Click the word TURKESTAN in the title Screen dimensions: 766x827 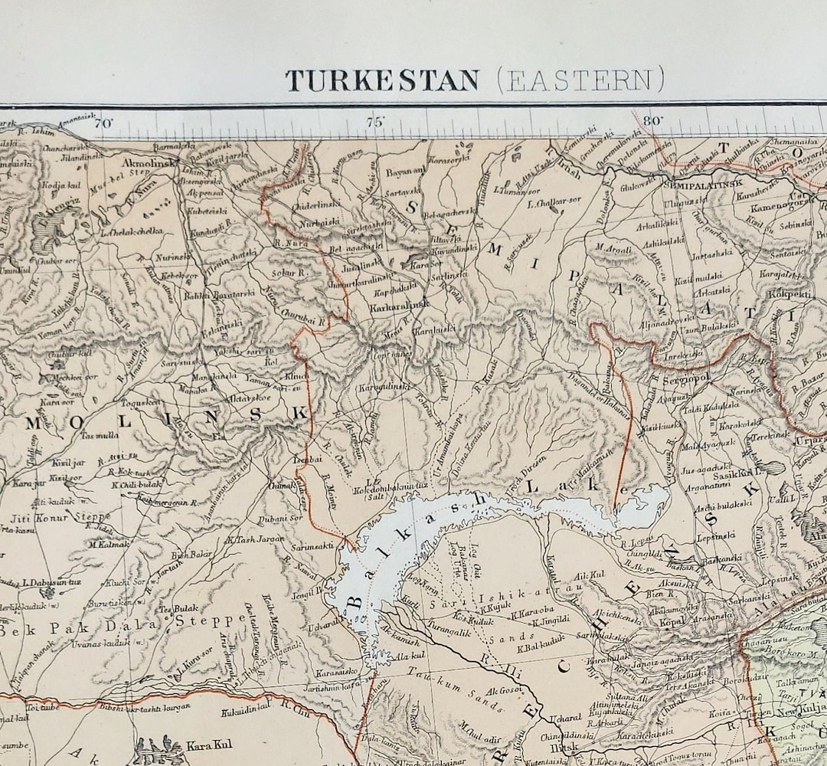point(382,80)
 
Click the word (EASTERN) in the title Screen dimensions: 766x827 point(580,80)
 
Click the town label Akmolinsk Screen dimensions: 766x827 point(152,162)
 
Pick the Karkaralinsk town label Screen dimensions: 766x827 point(388,303)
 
